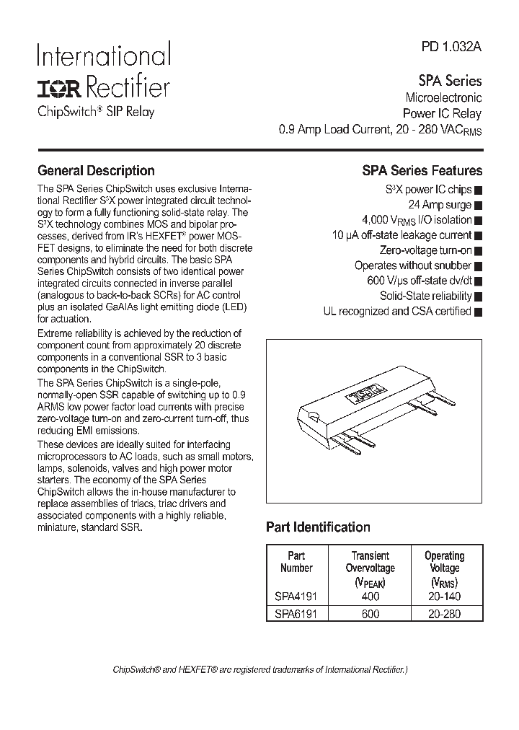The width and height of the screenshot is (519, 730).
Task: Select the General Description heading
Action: point(96,171)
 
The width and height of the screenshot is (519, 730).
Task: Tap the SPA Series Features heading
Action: point(422,171)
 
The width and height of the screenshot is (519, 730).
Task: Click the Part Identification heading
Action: point(318,527)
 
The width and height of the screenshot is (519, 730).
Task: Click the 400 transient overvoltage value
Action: point(369,597)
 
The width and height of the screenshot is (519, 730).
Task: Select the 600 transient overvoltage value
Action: point(369,614)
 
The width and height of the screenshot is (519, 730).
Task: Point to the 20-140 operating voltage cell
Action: point(445,597)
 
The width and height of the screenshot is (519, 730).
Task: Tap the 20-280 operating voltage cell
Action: point(445,614)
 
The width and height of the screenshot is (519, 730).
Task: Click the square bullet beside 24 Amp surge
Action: point(479,206)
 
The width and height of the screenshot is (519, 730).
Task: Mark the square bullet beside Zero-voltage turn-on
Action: point(479,251)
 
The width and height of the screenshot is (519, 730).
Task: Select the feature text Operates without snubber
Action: point(413,265)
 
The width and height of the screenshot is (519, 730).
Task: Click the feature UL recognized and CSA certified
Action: point(397,312)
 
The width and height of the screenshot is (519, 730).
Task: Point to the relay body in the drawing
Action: point(360,404)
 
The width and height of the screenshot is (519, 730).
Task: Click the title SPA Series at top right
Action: point(450,81)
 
